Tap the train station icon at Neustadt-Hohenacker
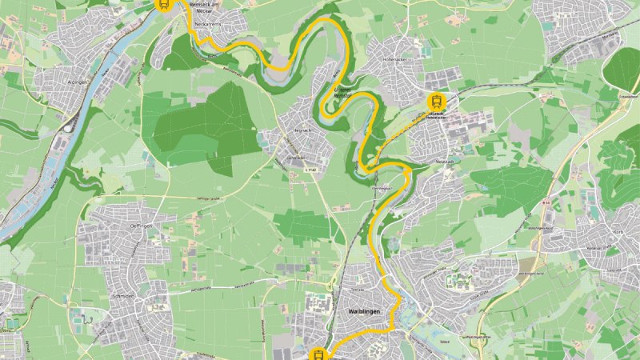click(436, 101)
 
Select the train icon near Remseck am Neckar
click(163, 5)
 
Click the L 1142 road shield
click(310, 169)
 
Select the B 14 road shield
click(546, 203)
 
